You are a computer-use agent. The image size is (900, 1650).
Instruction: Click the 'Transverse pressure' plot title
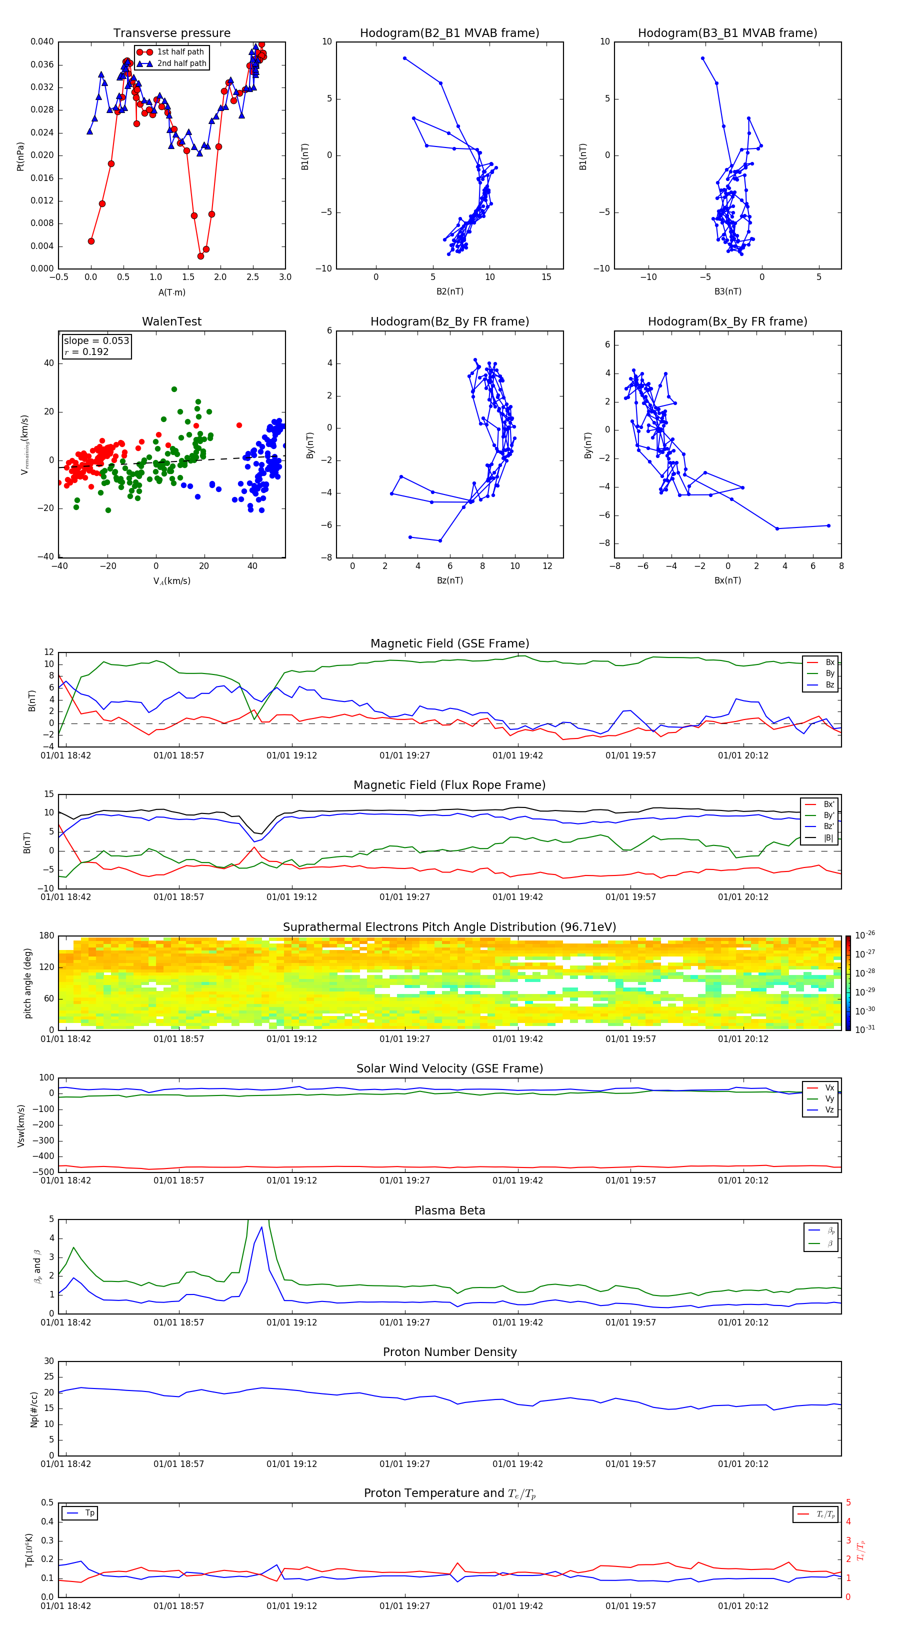(171, 33)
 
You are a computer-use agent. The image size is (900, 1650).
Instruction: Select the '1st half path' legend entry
(180, 52)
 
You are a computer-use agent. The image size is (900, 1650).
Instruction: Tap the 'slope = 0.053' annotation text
(96, 341)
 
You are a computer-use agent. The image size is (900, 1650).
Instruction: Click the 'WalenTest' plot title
(171, 321)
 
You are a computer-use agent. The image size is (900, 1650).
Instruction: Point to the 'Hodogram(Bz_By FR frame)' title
(449, 321)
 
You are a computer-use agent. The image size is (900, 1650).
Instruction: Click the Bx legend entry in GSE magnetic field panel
(829, 662)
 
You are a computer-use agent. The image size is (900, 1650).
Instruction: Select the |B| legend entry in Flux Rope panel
(827, 838)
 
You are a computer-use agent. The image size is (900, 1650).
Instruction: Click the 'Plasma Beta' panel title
(449, 1210)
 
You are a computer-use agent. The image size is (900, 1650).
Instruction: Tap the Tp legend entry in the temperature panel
(89, 1513)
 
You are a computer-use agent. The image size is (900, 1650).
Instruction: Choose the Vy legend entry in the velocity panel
(829, 1098)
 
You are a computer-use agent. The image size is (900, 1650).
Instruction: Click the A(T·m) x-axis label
(171, 292)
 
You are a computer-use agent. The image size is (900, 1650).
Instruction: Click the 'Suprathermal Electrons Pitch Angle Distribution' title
(449, 927)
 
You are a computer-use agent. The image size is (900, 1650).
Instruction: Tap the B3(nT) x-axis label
(727, 291)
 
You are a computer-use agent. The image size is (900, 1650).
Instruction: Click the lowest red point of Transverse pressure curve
(200, 256)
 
